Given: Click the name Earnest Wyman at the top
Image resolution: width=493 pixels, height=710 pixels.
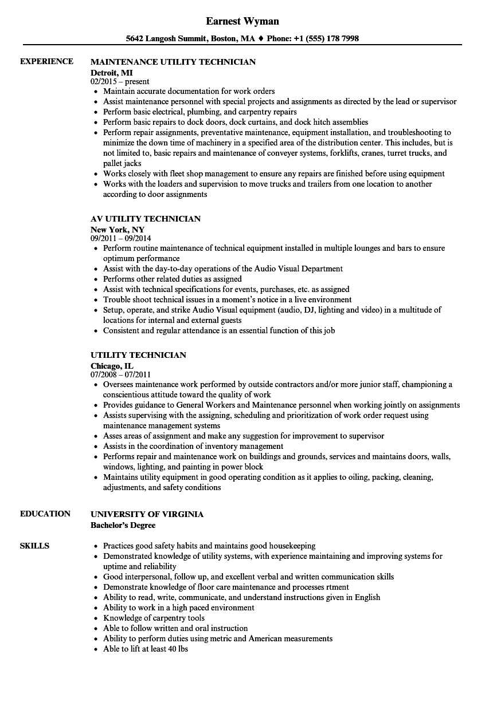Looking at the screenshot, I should tap(242, 21).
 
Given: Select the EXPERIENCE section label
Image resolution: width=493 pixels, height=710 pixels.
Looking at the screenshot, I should tap(46, 61).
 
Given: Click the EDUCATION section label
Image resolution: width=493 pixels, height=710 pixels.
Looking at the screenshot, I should tap(45, 514).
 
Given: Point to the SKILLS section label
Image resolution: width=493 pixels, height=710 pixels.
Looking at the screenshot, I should tap(34, 546).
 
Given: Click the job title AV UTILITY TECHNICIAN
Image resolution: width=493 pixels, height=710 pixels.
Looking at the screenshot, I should tap(146, 219).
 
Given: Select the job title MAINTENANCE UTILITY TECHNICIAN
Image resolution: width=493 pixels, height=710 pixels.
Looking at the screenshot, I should tap(173, 62).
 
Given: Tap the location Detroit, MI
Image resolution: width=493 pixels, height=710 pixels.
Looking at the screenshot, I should tap(112, 73).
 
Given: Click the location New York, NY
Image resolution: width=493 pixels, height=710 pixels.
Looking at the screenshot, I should tap(118, 230).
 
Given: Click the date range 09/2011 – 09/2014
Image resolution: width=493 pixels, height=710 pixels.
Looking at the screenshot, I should tap(121, 238).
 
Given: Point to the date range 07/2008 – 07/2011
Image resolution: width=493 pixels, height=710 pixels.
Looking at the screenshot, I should tap(121, 374).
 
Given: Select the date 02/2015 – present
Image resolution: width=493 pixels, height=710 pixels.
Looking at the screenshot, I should tap(120, 81).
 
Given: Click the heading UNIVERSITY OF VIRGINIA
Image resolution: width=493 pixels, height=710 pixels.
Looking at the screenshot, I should tap(147, 514).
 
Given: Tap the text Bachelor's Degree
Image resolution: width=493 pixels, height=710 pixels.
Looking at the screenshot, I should tap(123, 524).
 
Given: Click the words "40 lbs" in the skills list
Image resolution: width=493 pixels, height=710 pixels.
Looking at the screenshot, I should tap(177, 649).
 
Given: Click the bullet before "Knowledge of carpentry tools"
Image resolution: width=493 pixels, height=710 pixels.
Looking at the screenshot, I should tap(95, 618).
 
